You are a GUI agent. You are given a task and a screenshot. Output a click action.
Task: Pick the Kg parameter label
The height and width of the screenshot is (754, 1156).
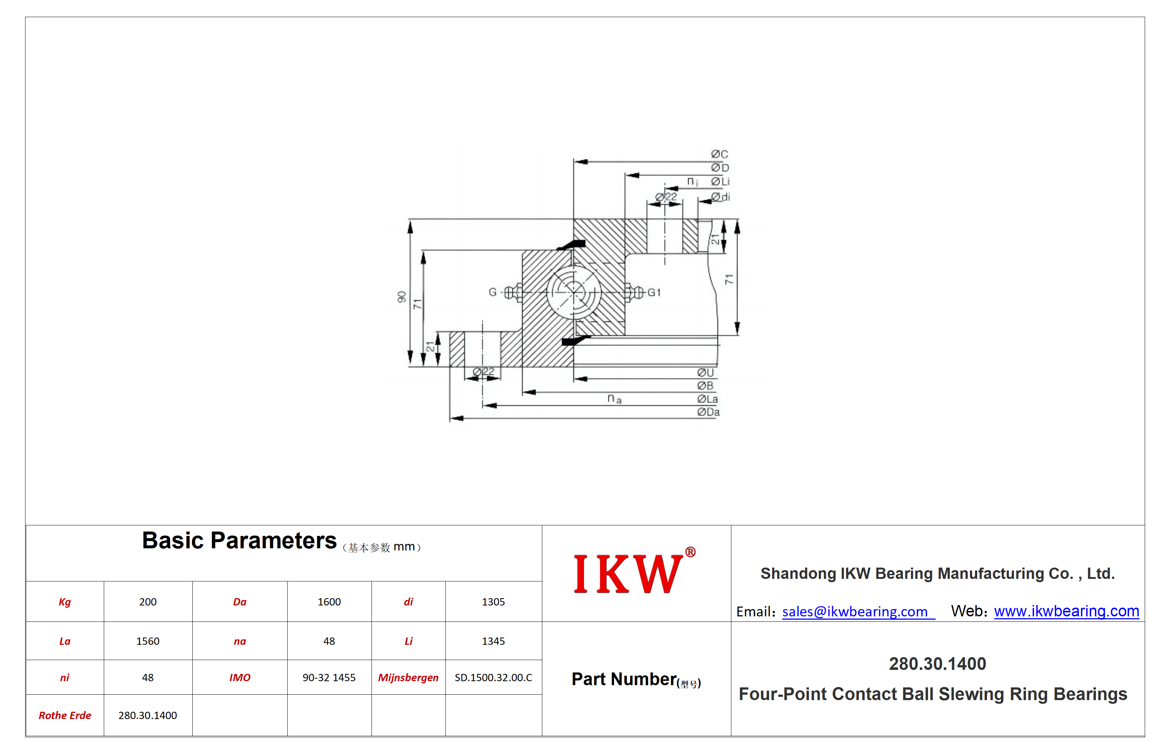pyautogui.click(x=64, y=602)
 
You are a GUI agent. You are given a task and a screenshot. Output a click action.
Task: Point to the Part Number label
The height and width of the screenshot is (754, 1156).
pyautogui.click(x=624, y=679)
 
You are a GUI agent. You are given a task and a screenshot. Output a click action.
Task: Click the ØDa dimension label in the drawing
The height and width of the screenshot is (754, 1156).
pyautogui.click(x=708, y=412)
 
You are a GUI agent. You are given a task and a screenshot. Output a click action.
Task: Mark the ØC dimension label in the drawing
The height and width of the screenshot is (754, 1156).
pyautogui.click(x=719, y=154)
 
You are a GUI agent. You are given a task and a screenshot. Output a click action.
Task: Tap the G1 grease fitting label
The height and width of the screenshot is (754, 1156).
pyautogui.click(x=654, y=292)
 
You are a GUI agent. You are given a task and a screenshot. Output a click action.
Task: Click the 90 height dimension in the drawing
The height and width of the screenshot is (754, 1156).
pyautogui.click(x=402, y=297)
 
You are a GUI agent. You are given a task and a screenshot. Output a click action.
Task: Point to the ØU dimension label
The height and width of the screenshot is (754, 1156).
pyautogui.click(x=705, y=372)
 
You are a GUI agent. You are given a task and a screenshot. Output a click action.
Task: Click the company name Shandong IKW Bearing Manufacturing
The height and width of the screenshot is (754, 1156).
pyautogui.click(x=937, y=573)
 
